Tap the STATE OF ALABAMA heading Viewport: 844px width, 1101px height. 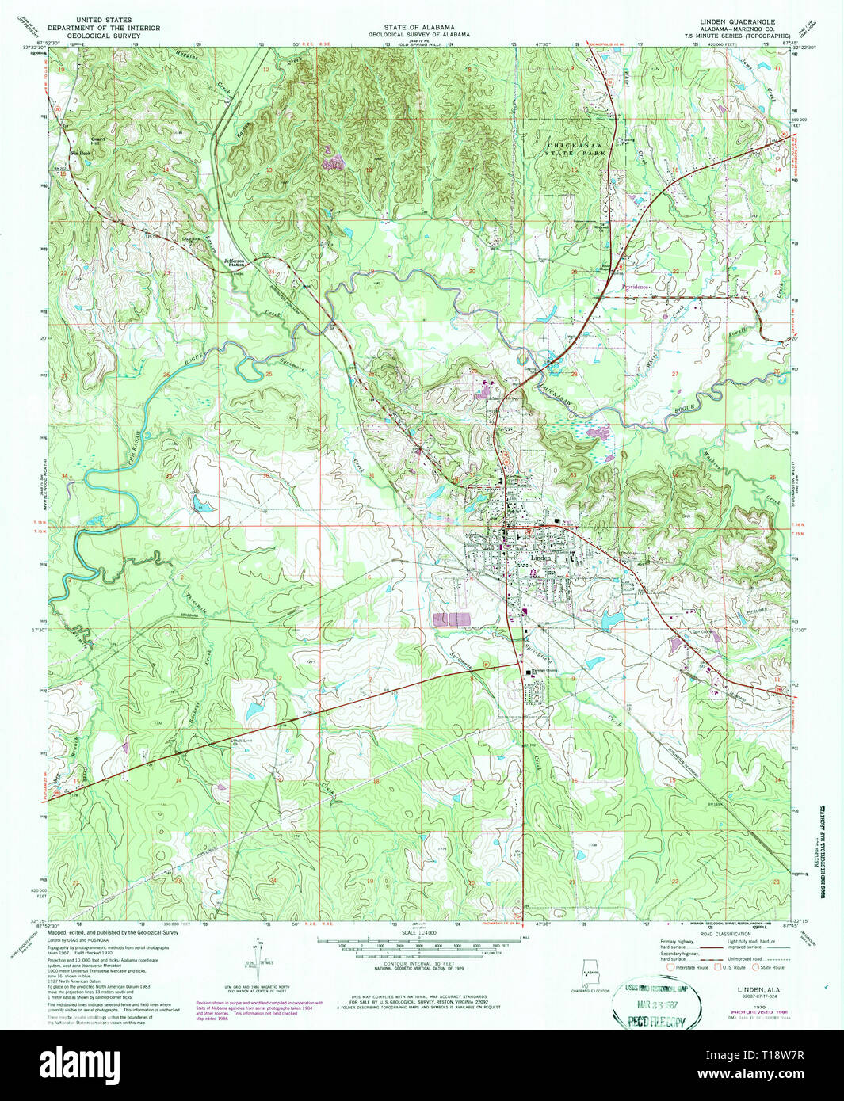tap(421, 27)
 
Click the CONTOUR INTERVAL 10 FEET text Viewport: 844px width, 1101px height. tap(421, 963)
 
